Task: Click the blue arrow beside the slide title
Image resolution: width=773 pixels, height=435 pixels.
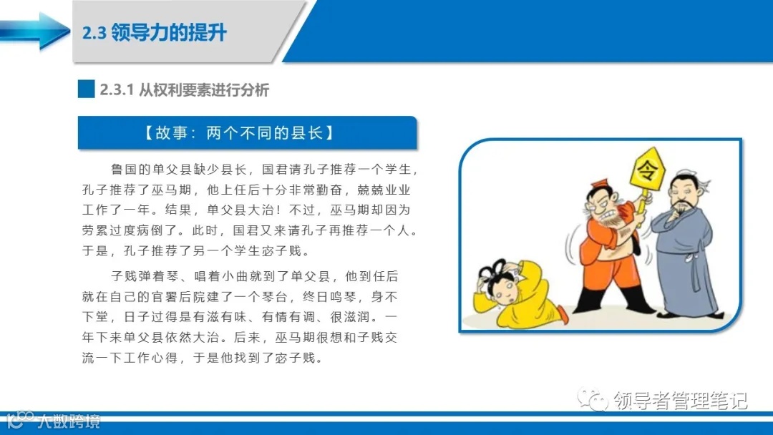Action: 32,31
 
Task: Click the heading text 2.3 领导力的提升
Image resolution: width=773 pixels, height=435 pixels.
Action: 155,33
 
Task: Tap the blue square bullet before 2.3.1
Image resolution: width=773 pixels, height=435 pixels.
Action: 86,89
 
